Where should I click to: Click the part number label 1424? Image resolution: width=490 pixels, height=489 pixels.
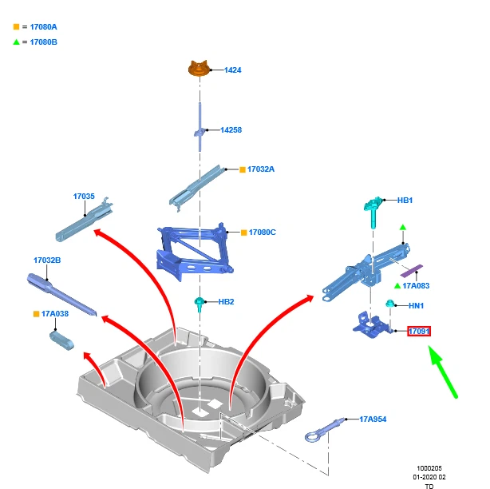(x=232, y=70)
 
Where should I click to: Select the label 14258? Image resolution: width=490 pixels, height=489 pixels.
(x=231, y=129)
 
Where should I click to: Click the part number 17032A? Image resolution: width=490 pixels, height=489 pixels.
(x=260, y=169)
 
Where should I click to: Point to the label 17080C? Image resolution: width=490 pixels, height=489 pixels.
(x=262, y=233)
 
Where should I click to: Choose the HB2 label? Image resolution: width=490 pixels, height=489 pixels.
(x=226, y=302)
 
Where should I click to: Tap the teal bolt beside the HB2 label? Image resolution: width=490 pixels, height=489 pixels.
(x=198, y=304)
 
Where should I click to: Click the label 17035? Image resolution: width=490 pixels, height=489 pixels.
(x=84, y=196)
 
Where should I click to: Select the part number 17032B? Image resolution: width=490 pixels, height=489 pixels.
(x=47, y=260)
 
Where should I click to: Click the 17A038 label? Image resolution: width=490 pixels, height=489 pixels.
(x=54, y=314)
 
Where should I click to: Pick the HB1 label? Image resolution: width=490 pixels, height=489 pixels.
(x=405, y=200)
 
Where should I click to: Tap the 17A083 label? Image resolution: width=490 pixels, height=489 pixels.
(x=416, y=285)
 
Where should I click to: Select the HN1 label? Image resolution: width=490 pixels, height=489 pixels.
(x=416, y=306)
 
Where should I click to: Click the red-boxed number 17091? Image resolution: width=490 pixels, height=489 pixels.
(x=419, y=331)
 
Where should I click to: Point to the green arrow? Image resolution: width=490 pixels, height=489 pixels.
(x=445, y=372)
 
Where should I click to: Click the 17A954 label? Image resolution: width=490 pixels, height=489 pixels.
(x=373, y=419)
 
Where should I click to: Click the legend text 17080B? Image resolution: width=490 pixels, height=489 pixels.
(x=43, y=42)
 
